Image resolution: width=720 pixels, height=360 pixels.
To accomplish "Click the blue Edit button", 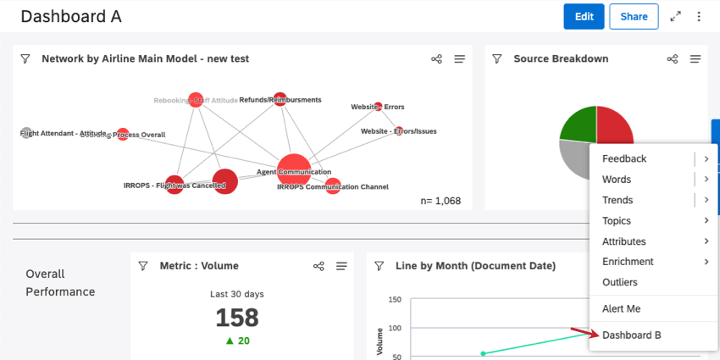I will pyautogui.click(x=584, y=17).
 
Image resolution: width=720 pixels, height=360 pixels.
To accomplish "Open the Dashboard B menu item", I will pyautogui.click(x=631, y=335).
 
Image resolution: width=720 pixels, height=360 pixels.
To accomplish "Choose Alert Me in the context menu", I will pyautogui.click(x=621, y=309).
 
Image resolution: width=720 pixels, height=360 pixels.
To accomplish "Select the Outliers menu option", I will pyautogui.click(x=619, y=282).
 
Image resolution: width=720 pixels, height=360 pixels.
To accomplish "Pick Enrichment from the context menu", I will pyautogui.click(x=628, y=262).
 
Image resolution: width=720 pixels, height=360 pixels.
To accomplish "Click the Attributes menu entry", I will pyautogui.click(x=623, y=241).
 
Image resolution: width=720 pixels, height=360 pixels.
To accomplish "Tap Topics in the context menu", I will pyautogui.click(x=616, y=221).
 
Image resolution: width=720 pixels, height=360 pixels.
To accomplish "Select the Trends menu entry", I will pyautogui.click(x=617, y=200).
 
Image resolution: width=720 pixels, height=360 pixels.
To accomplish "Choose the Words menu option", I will pyautogui.click(x=616, y=180).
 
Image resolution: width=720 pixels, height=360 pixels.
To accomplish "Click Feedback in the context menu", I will pyautogui.click(x=623, y=158).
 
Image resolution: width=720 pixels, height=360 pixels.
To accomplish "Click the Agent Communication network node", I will pyautogui.click(x=294, y=169).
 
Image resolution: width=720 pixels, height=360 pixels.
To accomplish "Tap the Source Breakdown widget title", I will pyautogui.click(x=561, y=59).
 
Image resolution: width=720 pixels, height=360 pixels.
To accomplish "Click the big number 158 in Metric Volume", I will pyautogui.click(x=236, y=318).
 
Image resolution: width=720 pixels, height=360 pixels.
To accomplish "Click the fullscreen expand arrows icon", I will pyautogui.click(x=675, y=17).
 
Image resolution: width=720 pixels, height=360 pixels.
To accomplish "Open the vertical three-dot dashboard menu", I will pyautogui.click(x=699, y=17).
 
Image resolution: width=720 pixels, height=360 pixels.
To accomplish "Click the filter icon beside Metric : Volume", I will pyautogui.click(x=143, y=266).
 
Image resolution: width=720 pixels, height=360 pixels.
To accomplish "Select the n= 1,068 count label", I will pyautogui.click(x=440, y=201).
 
